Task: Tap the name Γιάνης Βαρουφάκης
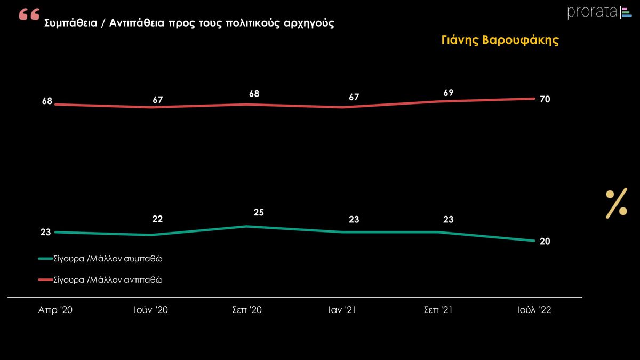coord(500,41)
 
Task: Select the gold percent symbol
coord(616,203)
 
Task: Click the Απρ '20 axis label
coord(55,310)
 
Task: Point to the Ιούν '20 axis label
coord(151,310)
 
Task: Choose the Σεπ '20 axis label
coord(247,310)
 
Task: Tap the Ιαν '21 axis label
coord(342,310)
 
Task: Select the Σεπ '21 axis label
coord(438,310)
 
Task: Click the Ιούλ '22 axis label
coord(534,310)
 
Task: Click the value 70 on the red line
coord(545,99)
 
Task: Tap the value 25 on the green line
coord(259,213)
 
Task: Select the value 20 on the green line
coord(545,241)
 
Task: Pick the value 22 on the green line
coord(157,219)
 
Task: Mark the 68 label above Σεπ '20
coord(254,94)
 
